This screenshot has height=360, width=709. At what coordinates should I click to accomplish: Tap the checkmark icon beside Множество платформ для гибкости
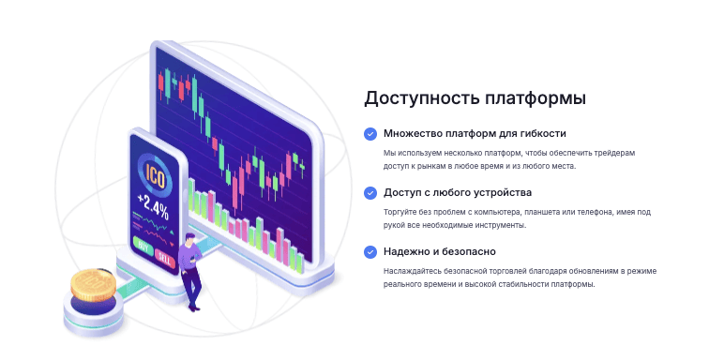point(370,133)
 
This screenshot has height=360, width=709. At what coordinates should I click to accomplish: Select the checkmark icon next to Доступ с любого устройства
point(370,192)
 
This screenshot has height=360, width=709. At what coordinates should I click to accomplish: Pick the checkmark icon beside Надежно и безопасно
point(370,251)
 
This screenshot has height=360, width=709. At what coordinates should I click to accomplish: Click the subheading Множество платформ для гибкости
point(475,133)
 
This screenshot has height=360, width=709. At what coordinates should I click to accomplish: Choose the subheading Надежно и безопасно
point(440,251)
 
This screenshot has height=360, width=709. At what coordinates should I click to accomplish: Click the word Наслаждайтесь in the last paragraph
point(415,270)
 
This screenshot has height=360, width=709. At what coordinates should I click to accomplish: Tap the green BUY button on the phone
point(143,245)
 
